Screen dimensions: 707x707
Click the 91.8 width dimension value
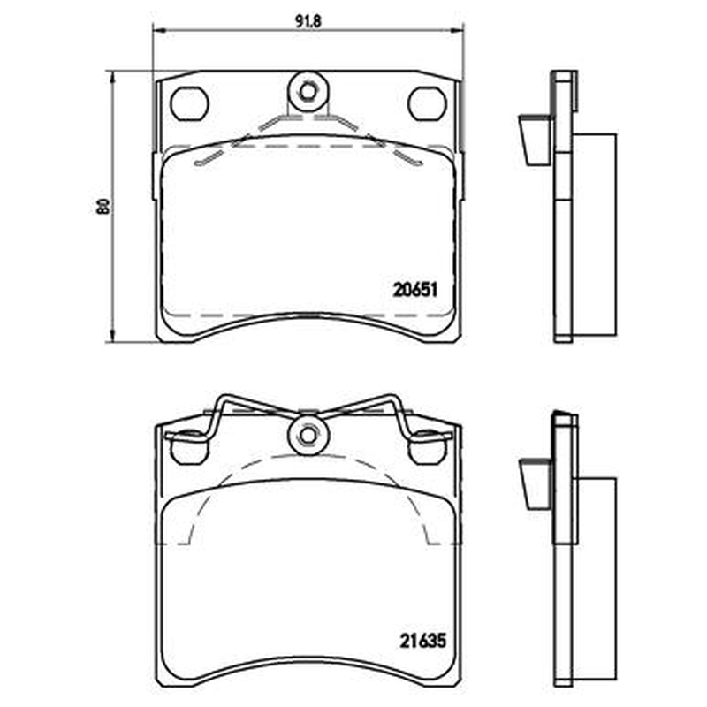[x=308, y=21]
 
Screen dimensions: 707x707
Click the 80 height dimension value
[x=103, y=206]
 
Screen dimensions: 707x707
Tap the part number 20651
[x=415, y=290]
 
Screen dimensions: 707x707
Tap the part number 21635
[x=422, y=641]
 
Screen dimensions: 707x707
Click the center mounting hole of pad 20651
[x=308, y=93]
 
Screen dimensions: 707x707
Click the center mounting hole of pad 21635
[x=308, y=435]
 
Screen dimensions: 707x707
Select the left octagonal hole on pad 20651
[x=189, y=103]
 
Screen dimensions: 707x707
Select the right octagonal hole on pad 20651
[x=427, y=103]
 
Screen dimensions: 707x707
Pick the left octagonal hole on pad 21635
[x=190, y=448]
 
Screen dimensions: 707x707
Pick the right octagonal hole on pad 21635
[x=427, y=448]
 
